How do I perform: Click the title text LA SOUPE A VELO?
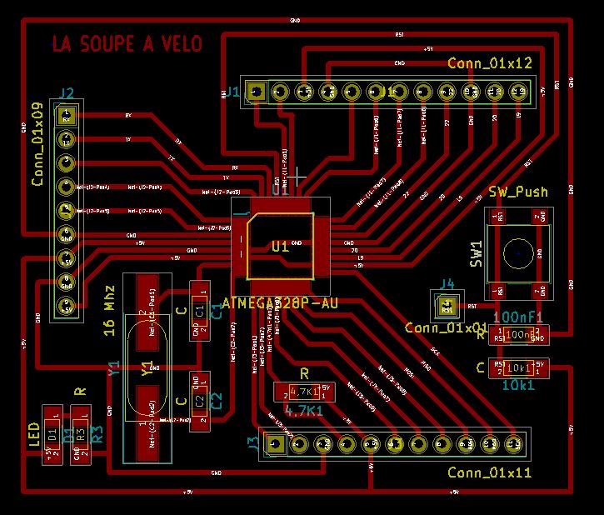[127, 44]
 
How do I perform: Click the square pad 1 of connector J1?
[258, 91]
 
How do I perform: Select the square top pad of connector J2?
[66, 113]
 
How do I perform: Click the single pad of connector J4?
[447, 305]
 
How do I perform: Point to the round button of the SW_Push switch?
[518, 251]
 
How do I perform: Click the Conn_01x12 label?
[489, 63]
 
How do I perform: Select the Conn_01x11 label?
[489, 472]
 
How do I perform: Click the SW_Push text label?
[518, 192]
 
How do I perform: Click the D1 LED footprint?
[53, 434]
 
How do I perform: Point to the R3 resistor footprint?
[81, 434]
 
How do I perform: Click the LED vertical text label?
[34, 434]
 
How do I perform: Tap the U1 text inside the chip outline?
[280, 246]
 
